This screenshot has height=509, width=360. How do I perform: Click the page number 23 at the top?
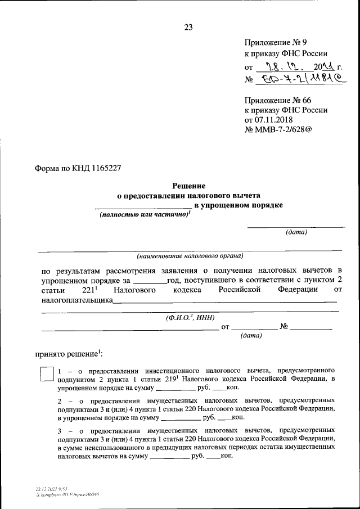tap(188, 27)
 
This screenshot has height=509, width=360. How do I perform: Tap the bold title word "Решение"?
tap(188, 186)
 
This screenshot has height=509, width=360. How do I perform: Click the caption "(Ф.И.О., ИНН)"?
tap(190, 317)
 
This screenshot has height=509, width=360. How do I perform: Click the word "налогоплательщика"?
tap(77, 300)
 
